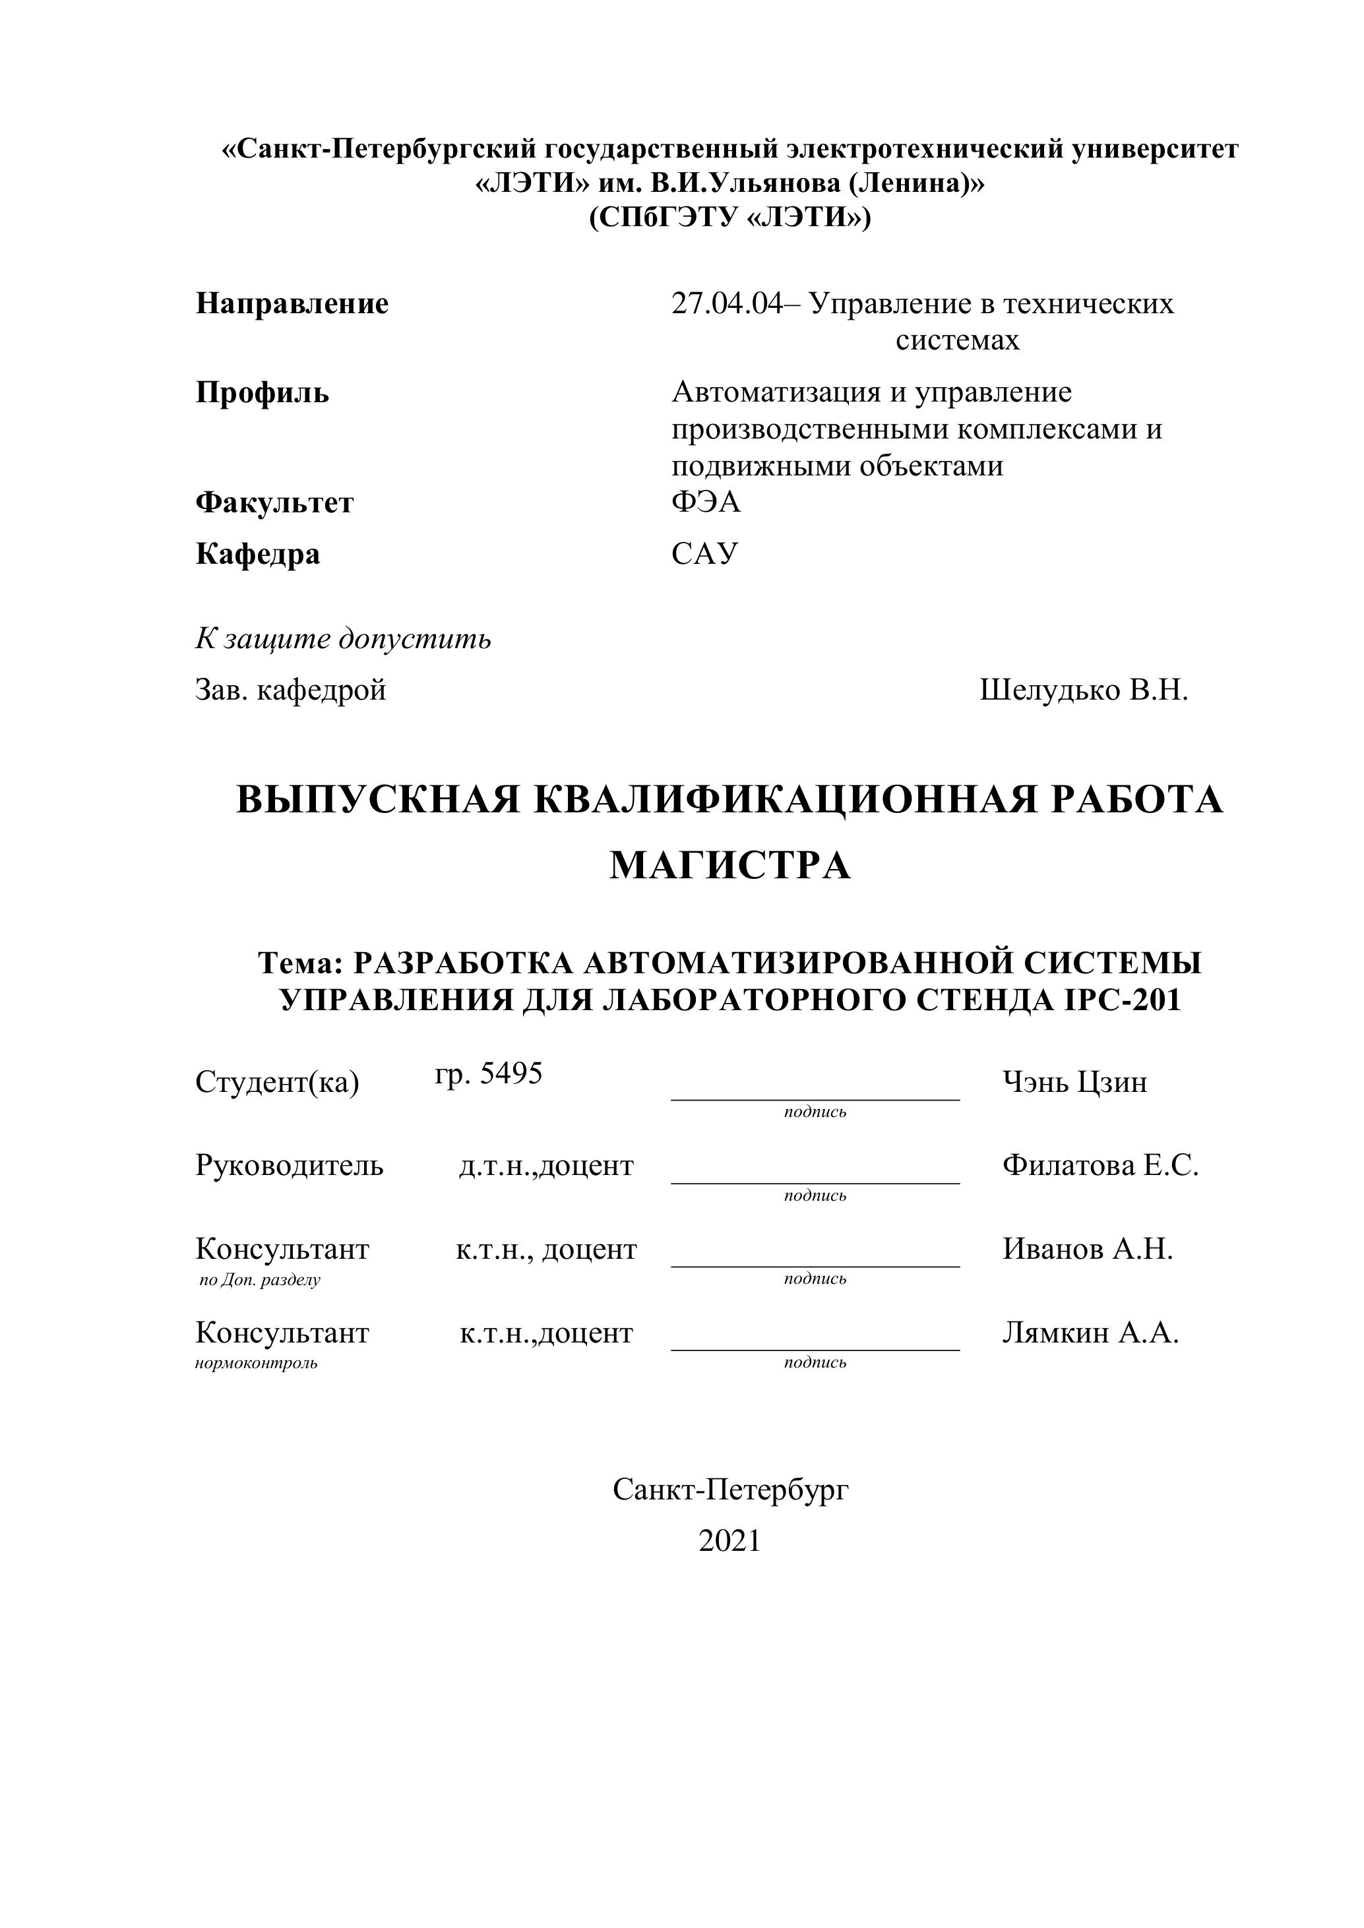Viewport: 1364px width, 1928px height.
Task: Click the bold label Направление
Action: (292, 303)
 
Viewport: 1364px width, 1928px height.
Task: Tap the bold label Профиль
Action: (262, 392)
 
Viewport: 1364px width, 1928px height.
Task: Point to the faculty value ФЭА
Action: (706, 502)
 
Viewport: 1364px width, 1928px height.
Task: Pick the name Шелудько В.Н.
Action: (1084, 690)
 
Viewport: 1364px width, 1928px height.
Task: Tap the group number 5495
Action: (511, 1073)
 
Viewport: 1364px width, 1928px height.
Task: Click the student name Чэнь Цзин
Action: (1074, 1083)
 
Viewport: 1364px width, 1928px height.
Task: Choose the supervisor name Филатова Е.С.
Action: (1100, 1166)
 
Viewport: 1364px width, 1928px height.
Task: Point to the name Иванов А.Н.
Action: (1088, 1249)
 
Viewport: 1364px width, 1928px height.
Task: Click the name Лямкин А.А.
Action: (1090, 1333)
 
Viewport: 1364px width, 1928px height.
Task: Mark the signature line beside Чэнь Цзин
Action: (815, 1099)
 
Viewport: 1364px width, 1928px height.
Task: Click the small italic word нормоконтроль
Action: (256, 1363)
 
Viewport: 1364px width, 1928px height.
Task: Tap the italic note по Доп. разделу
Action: (259, 1280)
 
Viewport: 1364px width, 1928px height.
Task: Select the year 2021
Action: (729, 1541)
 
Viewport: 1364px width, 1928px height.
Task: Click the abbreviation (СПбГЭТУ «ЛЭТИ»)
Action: (729, 218)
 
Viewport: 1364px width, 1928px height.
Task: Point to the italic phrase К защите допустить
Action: (343, 639)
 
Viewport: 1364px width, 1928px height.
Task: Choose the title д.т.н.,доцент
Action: (546, 1166)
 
